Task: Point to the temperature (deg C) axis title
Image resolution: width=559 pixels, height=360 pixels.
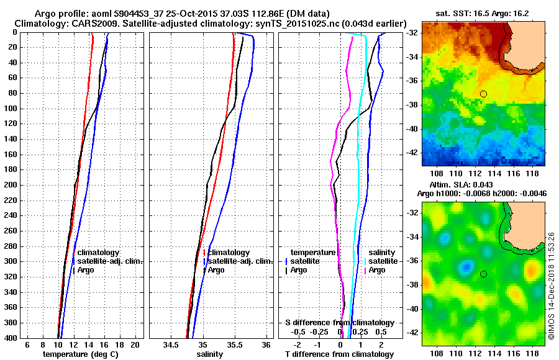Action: click(81, 354)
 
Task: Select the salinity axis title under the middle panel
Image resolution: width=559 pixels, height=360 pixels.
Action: click(209, 354)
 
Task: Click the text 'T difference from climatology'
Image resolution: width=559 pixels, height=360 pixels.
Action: click(339, 354)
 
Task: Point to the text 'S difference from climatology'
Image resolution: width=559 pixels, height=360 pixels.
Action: click(339, 323)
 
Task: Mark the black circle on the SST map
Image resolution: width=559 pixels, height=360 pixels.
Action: click(483, 94)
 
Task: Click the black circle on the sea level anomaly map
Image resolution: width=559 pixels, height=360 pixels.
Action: click(483, 274)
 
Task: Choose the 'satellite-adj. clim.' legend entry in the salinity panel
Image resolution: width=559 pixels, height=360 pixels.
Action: click(240, 261)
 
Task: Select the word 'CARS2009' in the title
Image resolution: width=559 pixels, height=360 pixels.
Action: click(91, 23)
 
